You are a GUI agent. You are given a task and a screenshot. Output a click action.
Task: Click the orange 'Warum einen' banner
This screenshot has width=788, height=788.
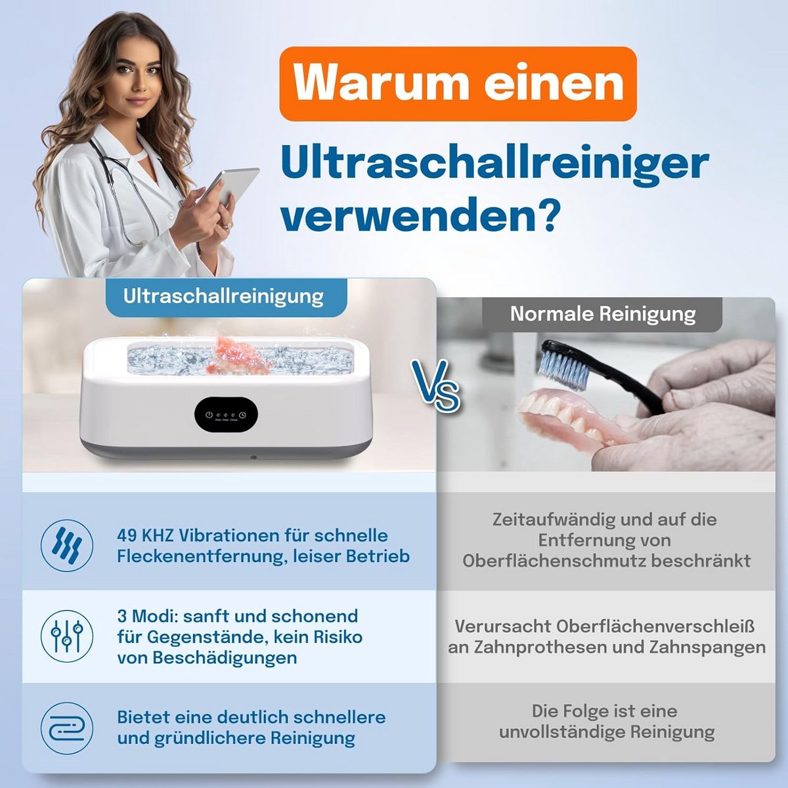coord(458,84)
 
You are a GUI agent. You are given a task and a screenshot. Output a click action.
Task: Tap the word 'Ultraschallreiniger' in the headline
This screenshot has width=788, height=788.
coord(495,164)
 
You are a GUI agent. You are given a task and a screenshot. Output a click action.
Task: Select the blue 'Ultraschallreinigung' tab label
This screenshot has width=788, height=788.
coord(223,296)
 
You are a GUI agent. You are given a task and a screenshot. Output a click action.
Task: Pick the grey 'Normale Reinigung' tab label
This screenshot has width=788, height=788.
coord(603,314)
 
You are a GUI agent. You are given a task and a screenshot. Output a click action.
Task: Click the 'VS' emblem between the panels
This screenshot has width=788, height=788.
coord(436,385)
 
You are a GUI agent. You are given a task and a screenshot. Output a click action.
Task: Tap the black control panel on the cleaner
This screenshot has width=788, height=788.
coord(226,414)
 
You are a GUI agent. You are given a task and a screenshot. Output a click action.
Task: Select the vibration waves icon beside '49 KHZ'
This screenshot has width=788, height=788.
coord(67,546)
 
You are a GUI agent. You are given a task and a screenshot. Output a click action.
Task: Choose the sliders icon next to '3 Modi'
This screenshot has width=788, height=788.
coord(67,637)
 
